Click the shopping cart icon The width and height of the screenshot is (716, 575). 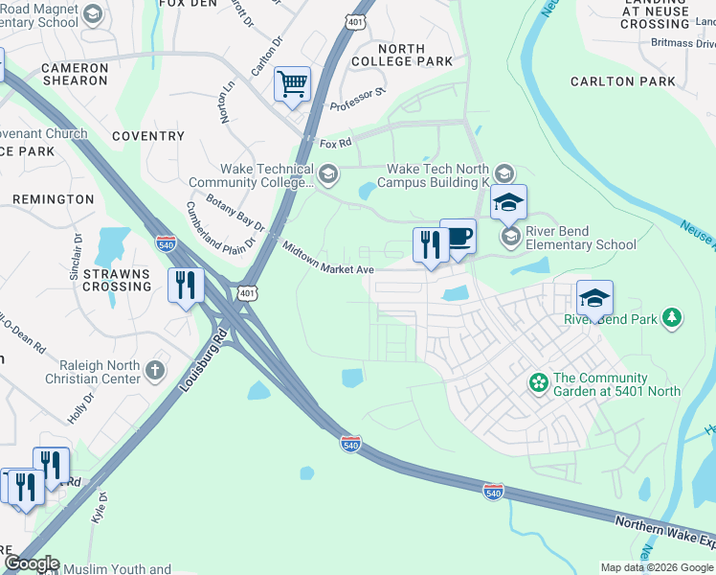292,83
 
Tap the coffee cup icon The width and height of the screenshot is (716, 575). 458,236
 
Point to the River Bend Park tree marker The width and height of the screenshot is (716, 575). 672,317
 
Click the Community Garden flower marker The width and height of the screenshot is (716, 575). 539,384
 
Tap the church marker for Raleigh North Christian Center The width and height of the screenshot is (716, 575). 154,370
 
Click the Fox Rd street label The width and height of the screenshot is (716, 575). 336,144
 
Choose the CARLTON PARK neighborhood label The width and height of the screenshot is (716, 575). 615,81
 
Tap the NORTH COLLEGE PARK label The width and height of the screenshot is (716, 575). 414,55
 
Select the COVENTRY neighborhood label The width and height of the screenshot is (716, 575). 147,136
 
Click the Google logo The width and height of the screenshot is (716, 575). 31,563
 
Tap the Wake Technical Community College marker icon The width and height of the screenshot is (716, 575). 329,173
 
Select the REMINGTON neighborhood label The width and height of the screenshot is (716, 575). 53,199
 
